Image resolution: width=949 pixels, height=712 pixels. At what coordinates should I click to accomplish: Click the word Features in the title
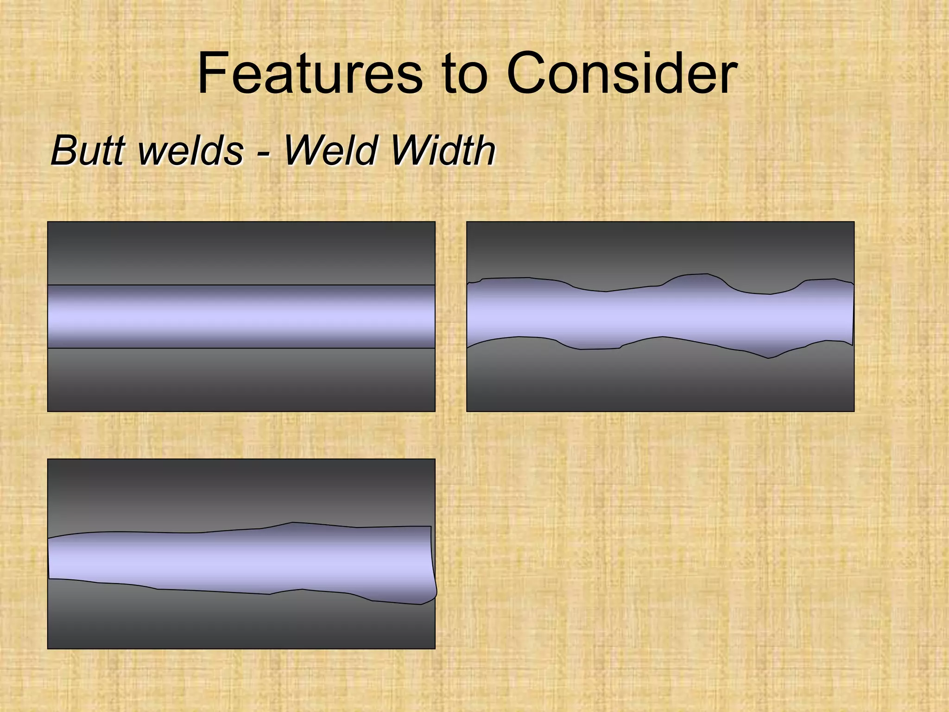pos(310,73)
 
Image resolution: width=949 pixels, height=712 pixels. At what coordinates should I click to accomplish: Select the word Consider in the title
pos(621,73)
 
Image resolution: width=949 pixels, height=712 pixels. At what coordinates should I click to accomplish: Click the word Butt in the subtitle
pos(89,150)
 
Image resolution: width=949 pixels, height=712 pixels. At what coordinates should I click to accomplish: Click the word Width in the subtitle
pos(443,150)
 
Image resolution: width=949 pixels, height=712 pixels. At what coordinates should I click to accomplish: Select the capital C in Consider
pos(528,73)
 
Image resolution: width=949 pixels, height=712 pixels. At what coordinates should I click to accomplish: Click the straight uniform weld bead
pos(241,316)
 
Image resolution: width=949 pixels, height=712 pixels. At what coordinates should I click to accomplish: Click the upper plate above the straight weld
pos(241,253)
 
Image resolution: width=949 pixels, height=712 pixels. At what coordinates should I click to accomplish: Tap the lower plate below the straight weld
pos(241,379)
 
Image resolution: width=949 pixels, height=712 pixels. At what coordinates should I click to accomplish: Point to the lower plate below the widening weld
pos(241,621)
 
